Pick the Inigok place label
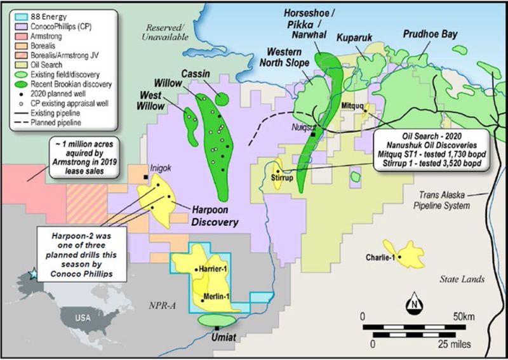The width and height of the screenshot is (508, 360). click(x=157, y=169)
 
